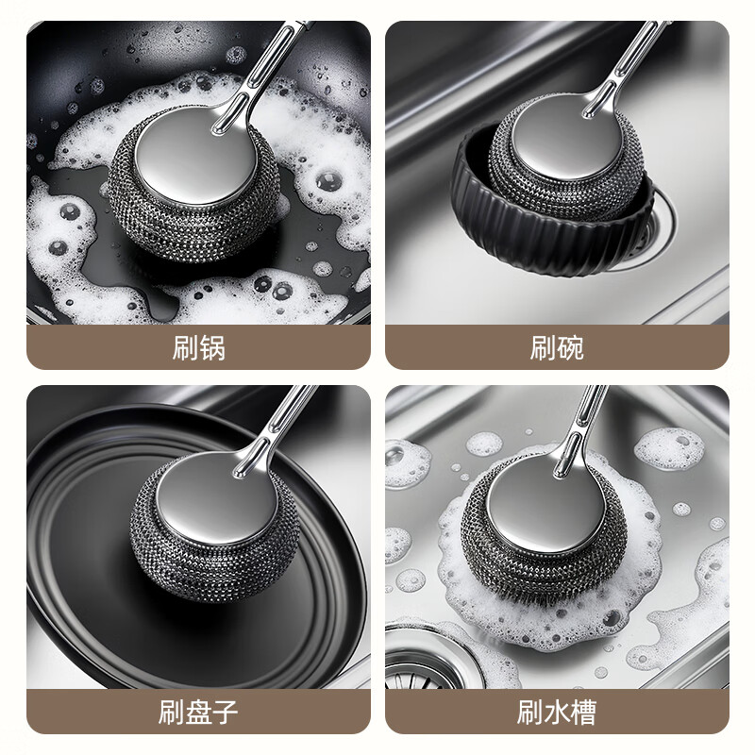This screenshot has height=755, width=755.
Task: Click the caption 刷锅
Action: (x=199, y=348)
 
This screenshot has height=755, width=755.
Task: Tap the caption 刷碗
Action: (x=557, y=348)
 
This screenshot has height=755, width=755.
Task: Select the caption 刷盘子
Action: (x=199, y=711)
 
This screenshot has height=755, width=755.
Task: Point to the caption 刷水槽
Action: (x=557, y=711)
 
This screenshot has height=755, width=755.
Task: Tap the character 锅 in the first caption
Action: (x=212, y=348)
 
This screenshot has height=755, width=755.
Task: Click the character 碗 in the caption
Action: (x=570, y=348)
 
